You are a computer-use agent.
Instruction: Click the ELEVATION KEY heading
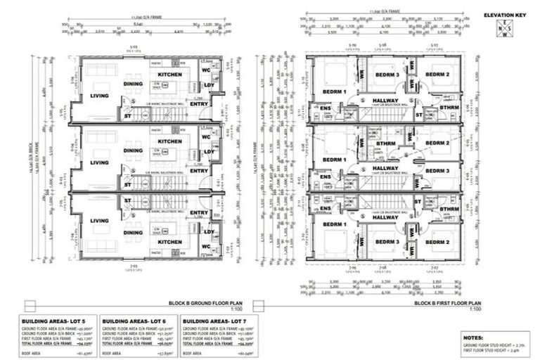click(x=506, y=14)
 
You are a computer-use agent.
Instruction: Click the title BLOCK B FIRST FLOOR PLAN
click(x=446, y=304)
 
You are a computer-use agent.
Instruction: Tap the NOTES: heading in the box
click(x=473, y=337)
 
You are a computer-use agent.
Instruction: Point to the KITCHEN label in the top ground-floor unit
click(x=169, y=73)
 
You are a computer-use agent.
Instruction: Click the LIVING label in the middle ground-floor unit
click(x=100, y=162)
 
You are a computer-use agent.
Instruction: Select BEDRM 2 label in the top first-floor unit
click(x=437, y=75)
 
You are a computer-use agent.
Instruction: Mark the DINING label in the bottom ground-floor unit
click(x=134, y=233)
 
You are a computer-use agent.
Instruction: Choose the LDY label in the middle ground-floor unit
click(x=209, y=150)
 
